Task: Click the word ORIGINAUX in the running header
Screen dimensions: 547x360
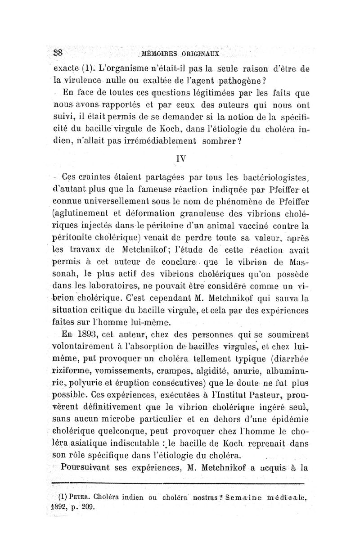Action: click(x=201, y=54)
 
